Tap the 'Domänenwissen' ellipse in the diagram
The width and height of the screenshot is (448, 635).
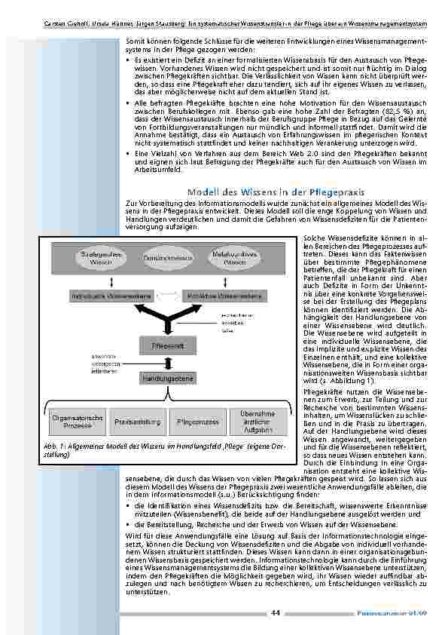[164, 258]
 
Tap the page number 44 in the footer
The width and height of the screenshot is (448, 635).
[276, 612]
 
